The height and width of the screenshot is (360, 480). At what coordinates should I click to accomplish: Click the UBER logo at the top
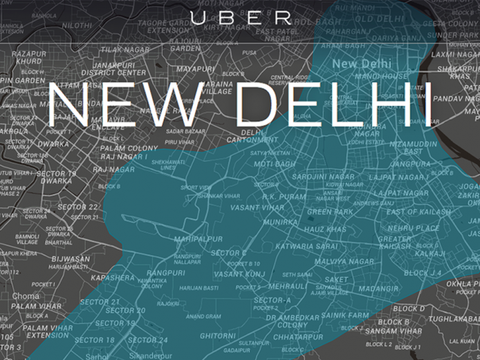click(x=240, y=18)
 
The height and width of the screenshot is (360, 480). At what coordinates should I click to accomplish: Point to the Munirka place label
click(x=280, y=223)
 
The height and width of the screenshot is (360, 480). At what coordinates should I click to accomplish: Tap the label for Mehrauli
click(x=288, y=285)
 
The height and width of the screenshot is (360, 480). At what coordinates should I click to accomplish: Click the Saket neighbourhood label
click(x=338, y=280)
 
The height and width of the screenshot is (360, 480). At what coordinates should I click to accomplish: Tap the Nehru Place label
click(x=413, y=228)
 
